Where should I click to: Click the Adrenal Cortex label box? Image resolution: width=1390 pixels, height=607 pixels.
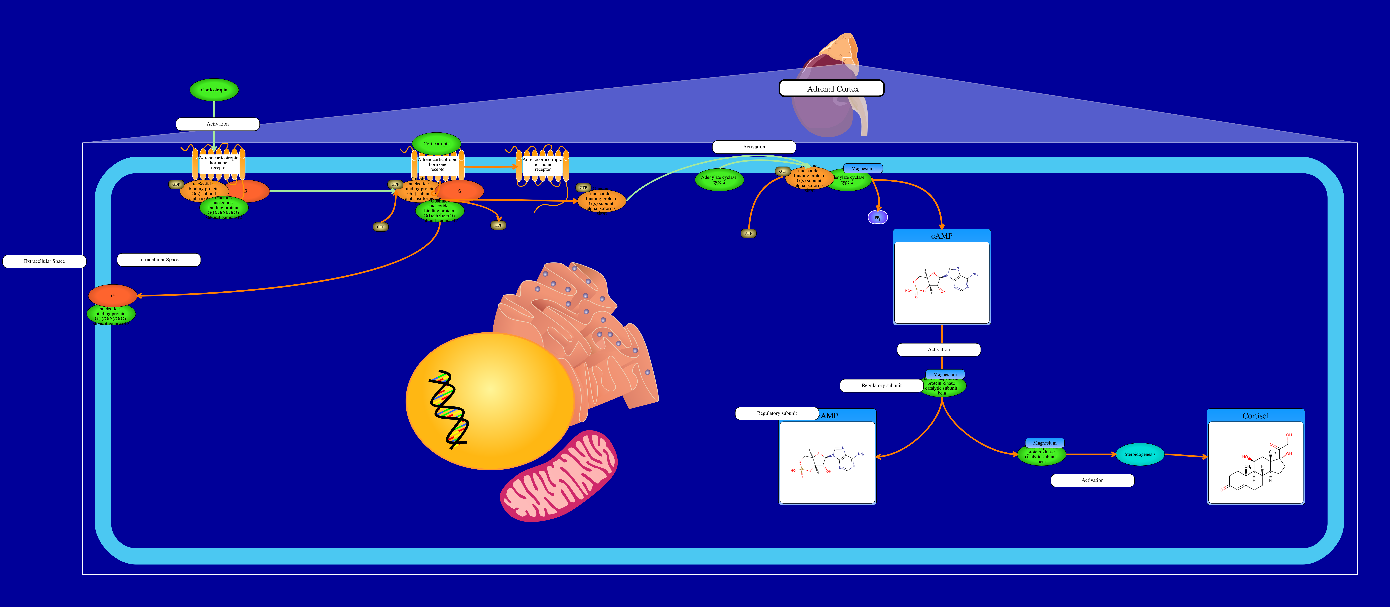[x=832, y=88]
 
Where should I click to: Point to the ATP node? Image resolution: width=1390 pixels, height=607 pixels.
[x=748, y=233]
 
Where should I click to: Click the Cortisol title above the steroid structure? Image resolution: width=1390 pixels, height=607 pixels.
[x=1255, y=416]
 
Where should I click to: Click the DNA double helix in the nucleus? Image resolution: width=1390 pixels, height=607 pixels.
[x=448, y=410]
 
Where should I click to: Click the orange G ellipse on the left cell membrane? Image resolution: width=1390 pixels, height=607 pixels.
[x=112, y=295]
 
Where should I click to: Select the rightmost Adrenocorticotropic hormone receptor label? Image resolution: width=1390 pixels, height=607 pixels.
[x=542, y=164]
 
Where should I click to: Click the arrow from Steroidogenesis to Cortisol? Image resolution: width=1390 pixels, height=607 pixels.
[x=1185, y=456]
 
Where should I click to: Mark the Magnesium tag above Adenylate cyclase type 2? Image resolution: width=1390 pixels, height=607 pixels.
[x=863, y=168]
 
